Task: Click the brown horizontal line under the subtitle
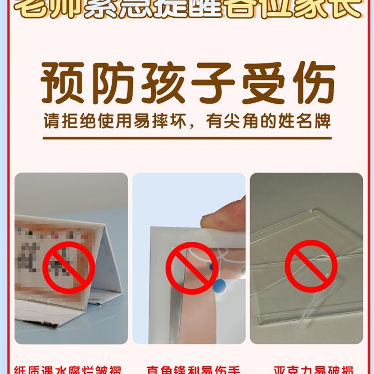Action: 187,138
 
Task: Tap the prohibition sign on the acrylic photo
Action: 311,266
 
